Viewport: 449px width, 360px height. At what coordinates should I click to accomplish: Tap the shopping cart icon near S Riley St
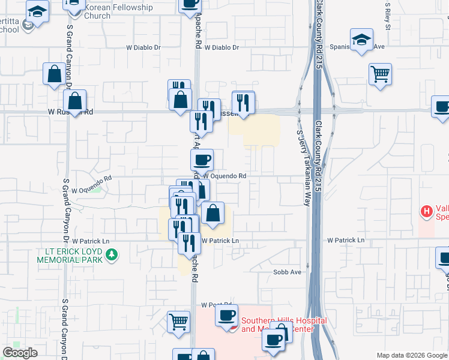(380, 74)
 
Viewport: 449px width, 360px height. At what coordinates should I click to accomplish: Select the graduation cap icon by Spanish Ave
(361, 40)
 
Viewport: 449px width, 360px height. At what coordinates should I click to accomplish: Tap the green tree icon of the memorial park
(111, 255)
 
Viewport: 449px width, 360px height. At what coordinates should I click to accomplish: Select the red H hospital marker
(426, 211)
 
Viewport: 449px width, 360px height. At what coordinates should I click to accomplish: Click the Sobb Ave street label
(287, 272)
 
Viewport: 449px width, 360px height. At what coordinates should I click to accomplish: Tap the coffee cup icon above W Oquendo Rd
(202, 160)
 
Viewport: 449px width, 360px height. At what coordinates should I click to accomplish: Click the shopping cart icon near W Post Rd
(179, 322)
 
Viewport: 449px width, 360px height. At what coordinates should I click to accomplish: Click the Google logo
(20, 353)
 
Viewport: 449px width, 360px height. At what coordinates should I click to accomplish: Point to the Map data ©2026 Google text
(411, 355)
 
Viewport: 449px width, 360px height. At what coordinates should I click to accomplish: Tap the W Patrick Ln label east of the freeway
(346, 240)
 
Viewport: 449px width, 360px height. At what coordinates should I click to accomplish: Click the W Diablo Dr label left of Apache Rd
(144, 47)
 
